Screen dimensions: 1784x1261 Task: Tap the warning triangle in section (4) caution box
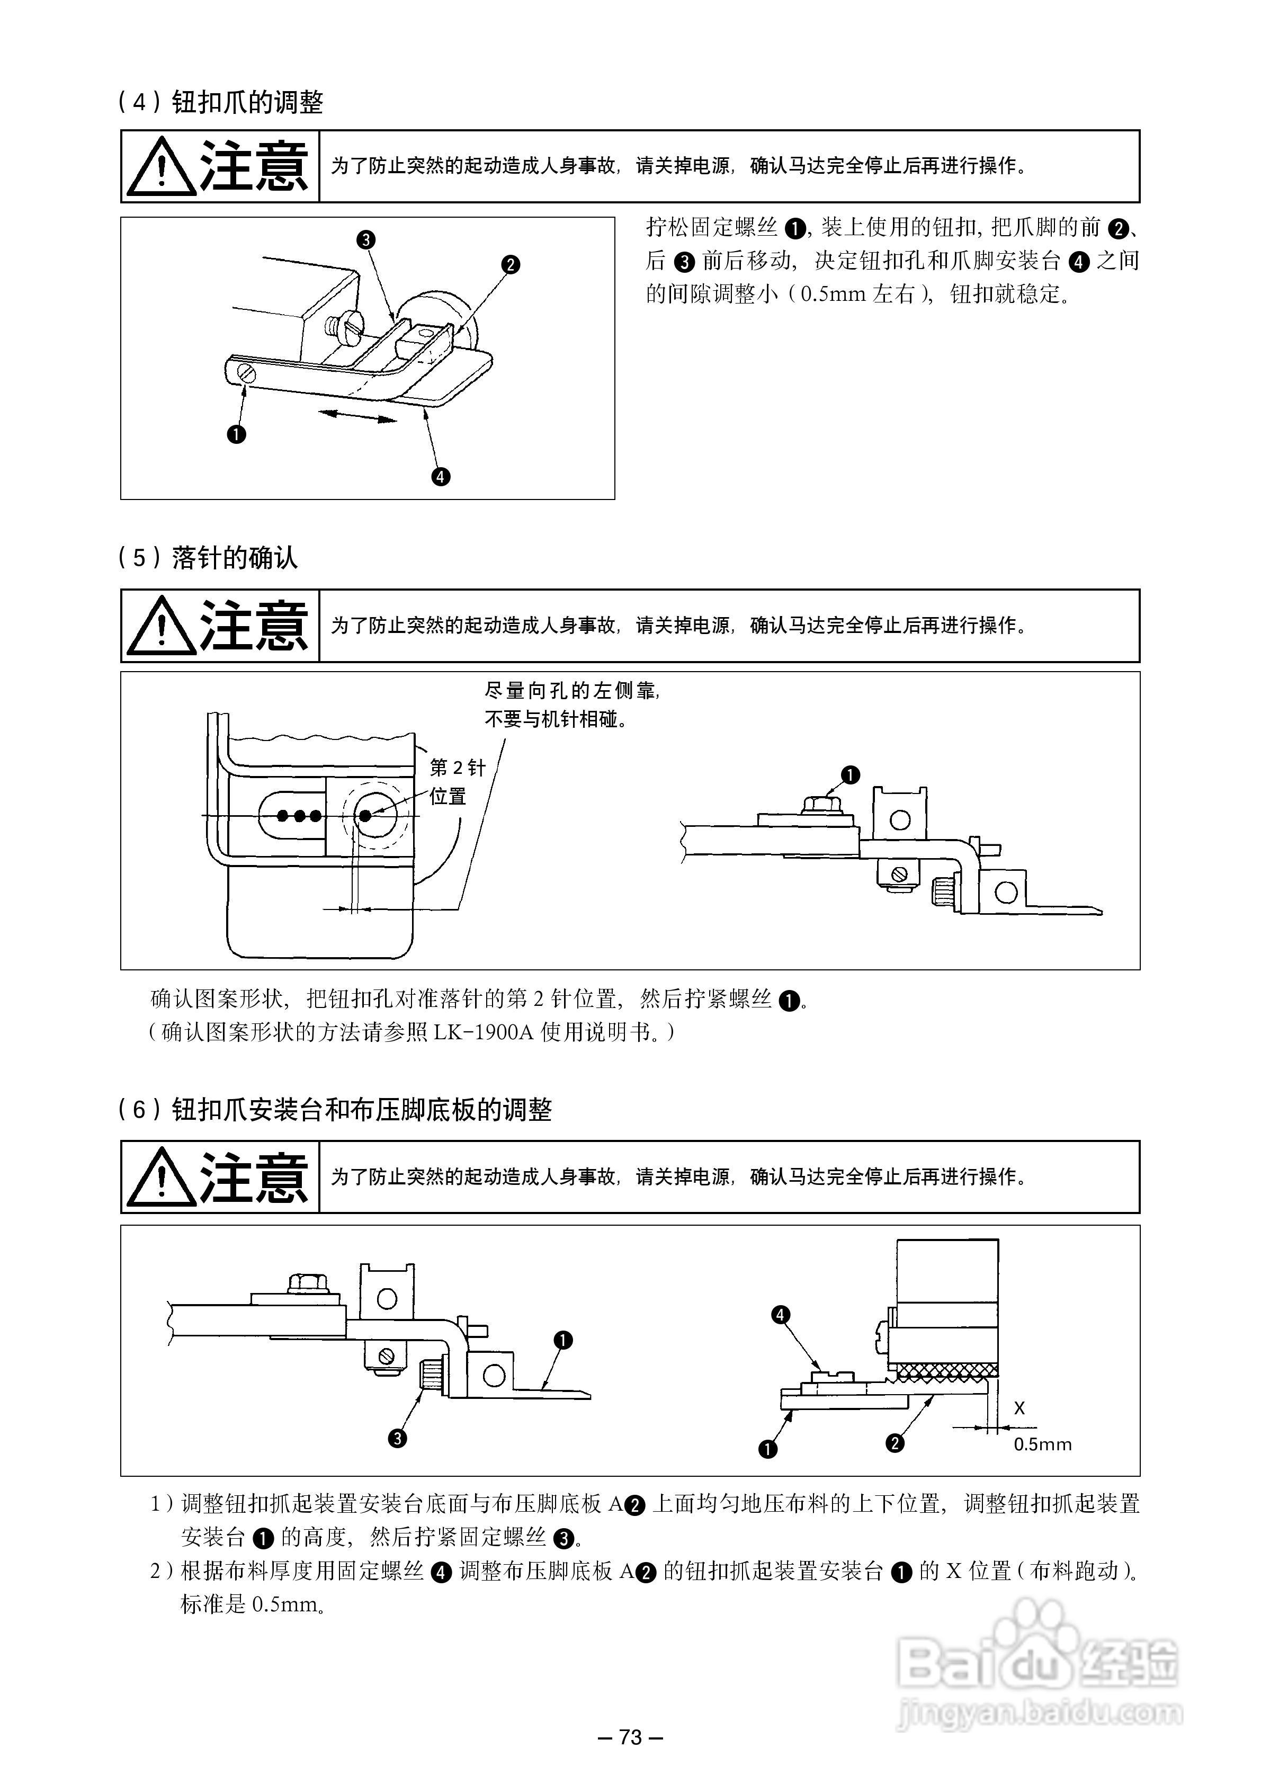click(x=161, y=167)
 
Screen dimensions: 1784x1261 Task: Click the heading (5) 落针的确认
click(x=208, y=558)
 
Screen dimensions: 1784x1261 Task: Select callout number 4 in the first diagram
click(x=441, y=476)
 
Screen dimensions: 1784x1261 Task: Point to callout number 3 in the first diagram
click(x=366, y=239)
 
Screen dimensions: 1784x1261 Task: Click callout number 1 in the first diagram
click(x=236, y=434)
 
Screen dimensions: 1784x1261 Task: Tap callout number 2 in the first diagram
click(x=511, y=264)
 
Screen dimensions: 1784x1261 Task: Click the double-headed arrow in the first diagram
click(x=358, y=416)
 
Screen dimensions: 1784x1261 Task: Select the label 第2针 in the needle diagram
click(x=457, y=768)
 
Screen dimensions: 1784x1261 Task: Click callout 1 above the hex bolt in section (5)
click(x=851, y=774)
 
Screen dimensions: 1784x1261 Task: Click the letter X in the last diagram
click(x=1019, y=1408)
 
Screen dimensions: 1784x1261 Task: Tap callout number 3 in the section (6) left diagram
click(x=397, y=1438)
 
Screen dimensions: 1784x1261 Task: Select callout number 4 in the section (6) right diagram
click(x=780, y=1315)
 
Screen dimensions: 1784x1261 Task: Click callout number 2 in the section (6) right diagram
click(x=895, y=1443)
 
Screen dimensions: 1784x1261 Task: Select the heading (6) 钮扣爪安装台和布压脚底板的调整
click(x=335, y=1110)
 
